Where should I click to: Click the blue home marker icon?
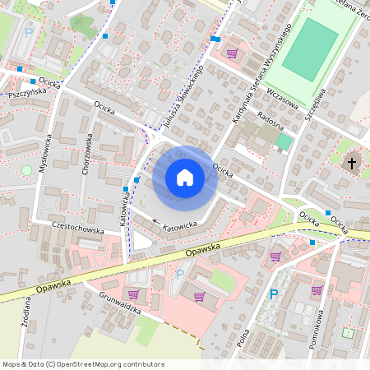(185, 178)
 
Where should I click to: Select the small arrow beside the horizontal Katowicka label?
(156, 222)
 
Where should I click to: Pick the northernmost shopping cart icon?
(232, 53)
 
